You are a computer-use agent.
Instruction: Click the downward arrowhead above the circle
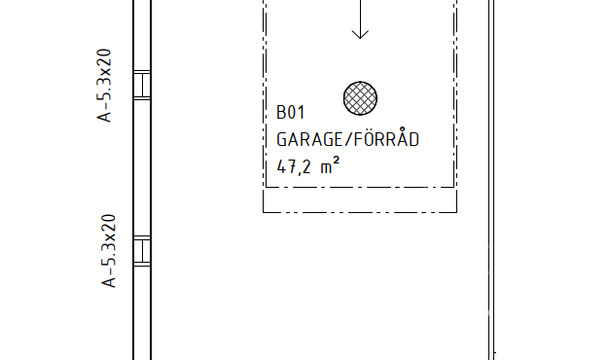tap(360, 35)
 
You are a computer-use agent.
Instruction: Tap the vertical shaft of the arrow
tap(360, 19)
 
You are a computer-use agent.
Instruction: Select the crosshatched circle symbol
tap(360, 98)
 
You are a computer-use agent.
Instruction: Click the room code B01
tap(291, 112)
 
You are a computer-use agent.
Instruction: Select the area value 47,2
tap(294, 167)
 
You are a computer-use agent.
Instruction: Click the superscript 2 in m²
tap(336, 160)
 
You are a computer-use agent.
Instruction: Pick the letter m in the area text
tap(326, 168)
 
